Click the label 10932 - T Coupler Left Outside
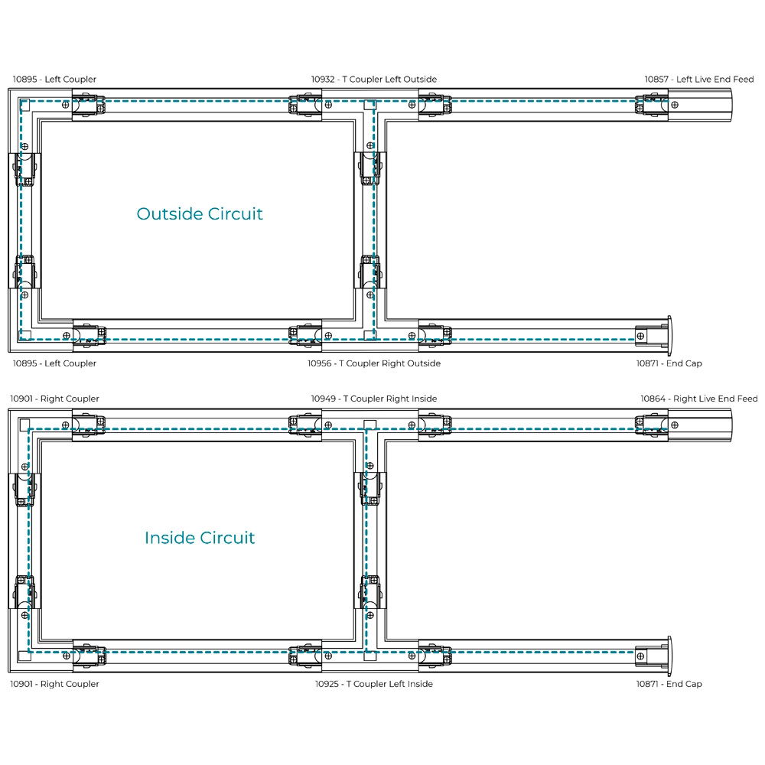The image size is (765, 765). (x=374, y=79)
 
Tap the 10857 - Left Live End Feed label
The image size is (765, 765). (x=698, y=79)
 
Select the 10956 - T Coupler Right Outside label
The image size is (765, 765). (x=374, y=363)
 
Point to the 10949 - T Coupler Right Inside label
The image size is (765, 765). (x=374, y=399)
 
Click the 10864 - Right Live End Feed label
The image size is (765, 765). (x=698, y=399)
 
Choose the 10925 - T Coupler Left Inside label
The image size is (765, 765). (x=374, y=684)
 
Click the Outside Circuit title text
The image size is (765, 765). (x=200, y=213)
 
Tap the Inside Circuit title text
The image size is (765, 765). (x=200, y=538)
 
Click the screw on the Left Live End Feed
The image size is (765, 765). (x=675, y=105)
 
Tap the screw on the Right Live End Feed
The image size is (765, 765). (x=675, y=425)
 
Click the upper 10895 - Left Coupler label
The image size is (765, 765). (x=54, y=79)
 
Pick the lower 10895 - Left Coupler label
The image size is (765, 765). (x=54, y=363)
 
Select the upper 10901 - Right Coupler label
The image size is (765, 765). (x=54, y=399)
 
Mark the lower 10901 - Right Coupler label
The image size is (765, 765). (x=54, y=684)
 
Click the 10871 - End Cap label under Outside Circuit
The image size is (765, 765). (x=669, y=363)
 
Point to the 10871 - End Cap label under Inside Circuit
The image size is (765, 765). (x=669, y=684)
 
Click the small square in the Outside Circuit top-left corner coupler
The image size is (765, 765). (x=25, y=104)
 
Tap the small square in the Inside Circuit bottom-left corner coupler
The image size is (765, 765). (x=25, y=656)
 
